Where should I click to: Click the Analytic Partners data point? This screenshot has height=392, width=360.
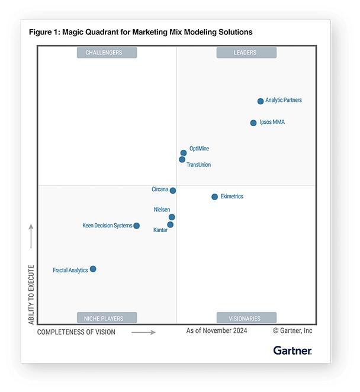click(261, 101)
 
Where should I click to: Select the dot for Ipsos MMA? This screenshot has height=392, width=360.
click(253, 123)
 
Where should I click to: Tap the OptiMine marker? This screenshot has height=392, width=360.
click(184, 153)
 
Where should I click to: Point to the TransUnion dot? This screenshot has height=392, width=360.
click(182, 159)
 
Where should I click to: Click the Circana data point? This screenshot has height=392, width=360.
click(173, 191)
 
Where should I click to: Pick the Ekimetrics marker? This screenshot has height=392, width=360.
click(215, 197)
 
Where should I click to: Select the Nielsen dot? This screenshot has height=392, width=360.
click(172, 217)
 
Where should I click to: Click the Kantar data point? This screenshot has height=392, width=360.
click(171, 225)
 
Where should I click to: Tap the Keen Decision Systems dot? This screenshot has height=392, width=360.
click(137, 226)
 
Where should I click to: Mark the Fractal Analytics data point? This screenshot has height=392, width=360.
click(93, 269)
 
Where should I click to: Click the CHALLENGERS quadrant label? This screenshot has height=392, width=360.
click(107, 53)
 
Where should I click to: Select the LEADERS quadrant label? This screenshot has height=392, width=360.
click(246, 53)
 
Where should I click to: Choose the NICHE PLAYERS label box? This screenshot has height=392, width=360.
click(107, 318)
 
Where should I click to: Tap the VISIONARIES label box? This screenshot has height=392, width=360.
click(246, 318)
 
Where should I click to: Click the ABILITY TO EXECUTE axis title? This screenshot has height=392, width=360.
click(31, 294)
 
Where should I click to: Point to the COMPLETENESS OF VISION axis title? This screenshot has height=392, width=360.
click(76, 332)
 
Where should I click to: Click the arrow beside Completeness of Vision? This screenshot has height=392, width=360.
click(143, 333)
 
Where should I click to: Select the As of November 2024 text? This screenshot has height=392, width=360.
click(217, 331)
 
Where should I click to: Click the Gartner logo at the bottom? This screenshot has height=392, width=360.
click(292, 351)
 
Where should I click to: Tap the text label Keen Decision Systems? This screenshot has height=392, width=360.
click(107, 226)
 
